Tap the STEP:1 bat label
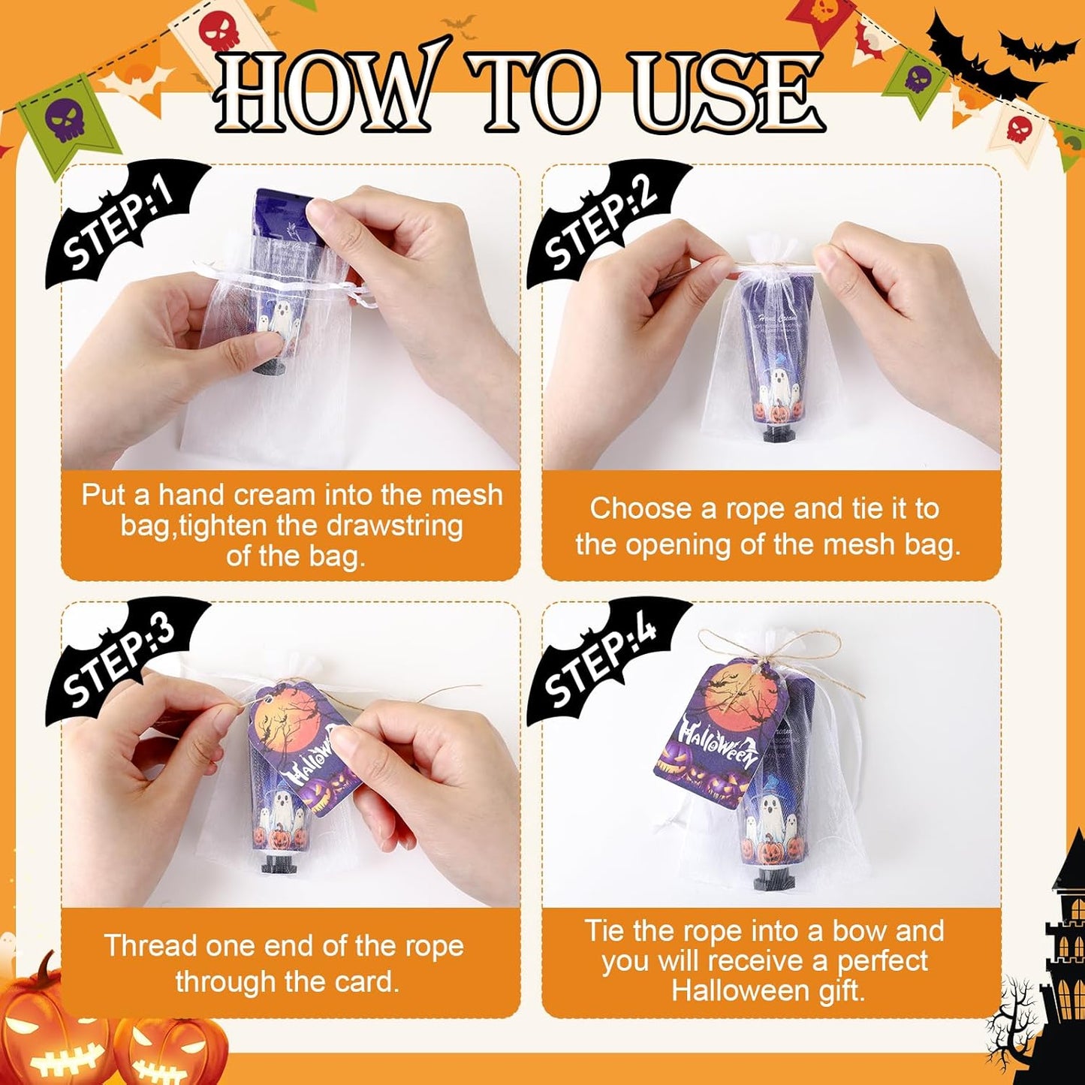click(120, 225)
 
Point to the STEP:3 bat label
click(120, 661)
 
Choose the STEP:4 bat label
click(601, 661)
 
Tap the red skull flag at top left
click(218, 30)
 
